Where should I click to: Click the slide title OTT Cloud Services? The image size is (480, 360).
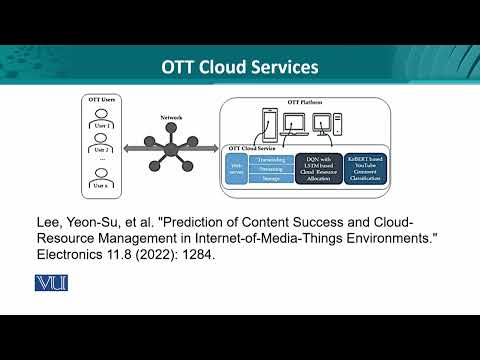[x=240, y=67]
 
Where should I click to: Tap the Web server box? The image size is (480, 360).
[x=237, y=168]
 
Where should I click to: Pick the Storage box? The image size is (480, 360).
[x=270, y=180]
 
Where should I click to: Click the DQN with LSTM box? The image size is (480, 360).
[x=318, y=167]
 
